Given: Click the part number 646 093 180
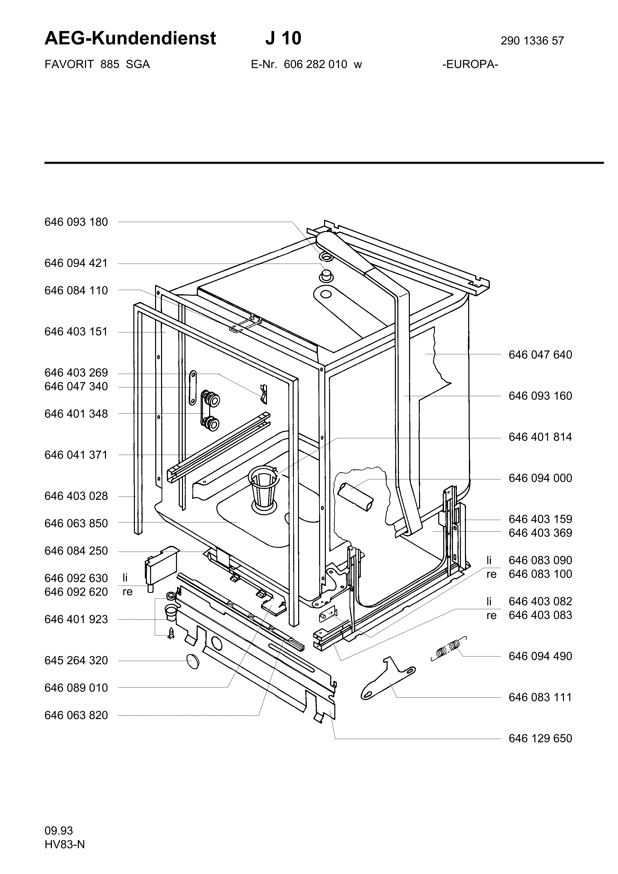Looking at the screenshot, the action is point(76,222).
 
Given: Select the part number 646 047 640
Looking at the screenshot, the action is point(540,355).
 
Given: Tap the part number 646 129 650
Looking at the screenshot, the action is point(540,738).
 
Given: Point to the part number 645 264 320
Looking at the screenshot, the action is point(76,660).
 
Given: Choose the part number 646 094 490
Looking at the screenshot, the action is point(540,656).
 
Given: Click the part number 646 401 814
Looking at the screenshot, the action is point(540,437).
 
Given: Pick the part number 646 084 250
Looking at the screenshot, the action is point(76,551).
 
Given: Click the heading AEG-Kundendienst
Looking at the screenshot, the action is point(130,38).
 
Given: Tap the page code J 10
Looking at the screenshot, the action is point(283,38).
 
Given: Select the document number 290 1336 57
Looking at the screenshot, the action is point(532,41).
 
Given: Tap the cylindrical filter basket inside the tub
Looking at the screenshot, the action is point(262,488).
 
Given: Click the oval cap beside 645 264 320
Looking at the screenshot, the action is point(193,661).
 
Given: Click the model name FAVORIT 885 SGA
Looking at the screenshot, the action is point(97,64).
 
